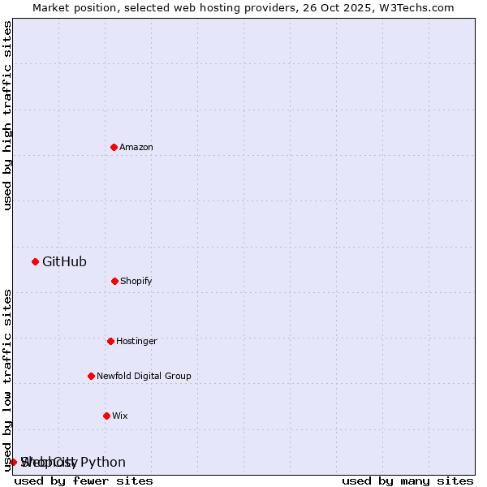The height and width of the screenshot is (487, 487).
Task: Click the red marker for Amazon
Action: click(114, 147)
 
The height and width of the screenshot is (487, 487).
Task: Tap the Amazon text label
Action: click(136, 148)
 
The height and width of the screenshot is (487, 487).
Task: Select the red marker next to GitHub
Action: click(35, 261)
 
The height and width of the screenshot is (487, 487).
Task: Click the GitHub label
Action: click(64, 261)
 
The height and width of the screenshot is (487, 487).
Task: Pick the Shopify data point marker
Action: click(114, 281)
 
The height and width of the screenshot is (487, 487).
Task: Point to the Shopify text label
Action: click(136, 282)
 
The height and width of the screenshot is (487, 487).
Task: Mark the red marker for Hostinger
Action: click(110, 341)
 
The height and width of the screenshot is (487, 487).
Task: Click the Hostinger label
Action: click(136, 342)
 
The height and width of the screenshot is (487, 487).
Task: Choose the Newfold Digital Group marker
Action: click(91, 376)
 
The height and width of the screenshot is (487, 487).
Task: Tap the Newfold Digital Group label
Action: click(144, 377)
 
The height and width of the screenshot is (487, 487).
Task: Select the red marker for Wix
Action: click(106, 416)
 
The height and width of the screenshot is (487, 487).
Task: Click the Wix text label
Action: click(120, 416)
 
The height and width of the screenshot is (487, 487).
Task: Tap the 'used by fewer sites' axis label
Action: click(84, 481)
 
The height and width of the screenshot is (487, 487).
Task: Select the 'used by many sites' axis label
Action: click(407, 481)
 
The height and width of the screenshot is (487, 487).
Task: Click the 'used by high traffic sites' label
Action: click(7, 115)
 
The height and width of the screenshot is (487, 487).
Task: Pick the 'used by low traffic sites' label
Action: click(7, 379)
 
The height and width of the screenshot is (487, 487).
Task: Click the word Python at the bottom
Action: click(103, 463)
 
